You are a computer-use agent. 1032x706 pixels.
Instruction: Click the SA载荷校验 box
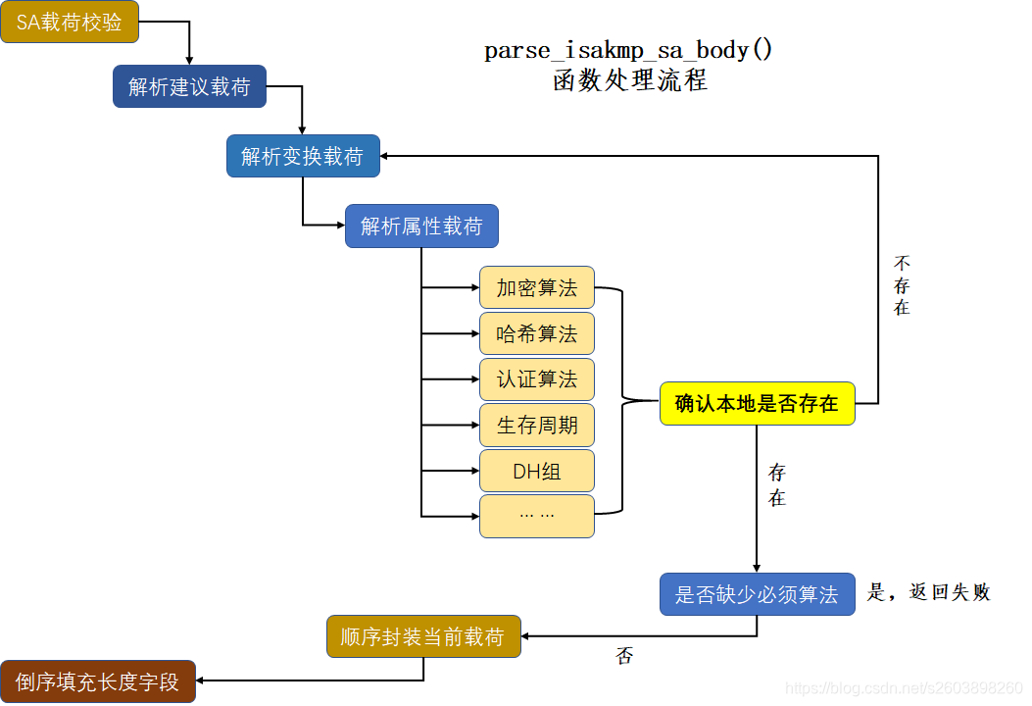(70, 23)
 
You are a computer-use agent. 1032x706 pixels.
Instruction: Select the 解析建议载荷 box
(189, 86)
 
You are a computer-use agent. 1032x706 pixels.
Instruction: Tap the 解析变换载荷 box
(303, 156)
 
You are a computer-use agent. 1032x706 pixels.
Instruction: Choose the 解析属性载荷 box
(421, 227)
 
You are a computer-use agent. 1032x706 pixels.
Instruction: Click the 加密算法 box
(536, 288)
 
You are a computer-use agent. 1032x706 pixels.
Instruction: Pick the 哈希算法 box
(536, 334)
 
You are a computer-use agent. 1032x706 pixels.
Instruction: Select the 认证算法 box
(536, 379)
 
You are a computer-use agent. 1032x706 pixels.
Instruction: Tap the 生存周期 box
(536, 426)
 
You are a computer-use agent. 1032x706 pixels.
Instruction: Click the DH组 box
(536, 471)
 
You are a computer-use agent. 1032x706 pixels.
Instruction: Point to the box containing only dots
(536, 516)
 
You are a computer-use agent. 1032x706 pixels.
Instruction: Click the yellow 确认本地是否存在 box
(757, 403)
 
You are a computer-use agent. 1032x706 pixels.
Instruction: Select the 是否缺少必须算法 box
(757, 594)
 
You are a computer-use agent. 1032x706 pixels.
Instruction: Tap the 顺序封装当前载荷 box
(422, 637)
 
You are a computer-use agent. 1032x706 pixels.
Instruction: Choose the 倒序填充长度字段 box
(98, 681)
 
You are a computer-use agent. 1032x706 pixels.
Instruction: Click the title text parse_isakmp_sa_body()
(628, 50)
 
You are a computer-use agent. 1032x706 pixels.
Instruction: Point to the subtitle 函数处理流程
(629, 80)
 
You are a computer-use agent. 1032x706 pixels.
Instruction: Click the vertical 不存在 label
(902, 285)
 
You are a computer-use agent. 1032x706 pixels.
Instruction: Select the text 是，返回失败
(929, 592)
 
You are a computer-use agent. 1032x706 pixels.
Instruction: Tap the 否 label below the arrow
(624, 656)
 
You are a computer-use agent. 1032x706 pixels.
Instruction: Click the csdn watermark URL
(905, 689)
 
